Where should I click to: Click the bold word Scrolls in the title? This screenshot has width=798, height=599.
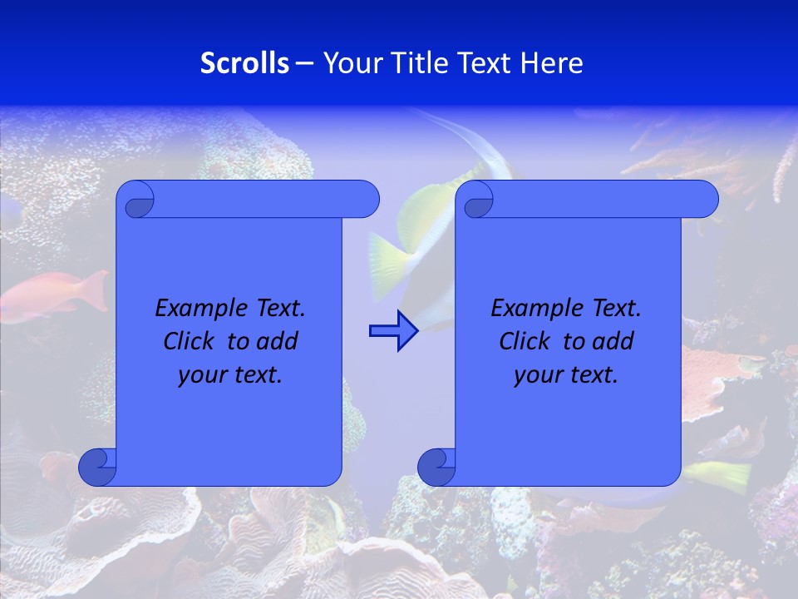(x=245, y=63)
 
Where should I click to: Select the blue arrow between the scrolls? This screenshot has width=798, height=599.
(x=393, y=331)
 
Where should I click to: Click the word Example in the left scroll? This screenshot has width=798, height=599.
(x=197, y=309)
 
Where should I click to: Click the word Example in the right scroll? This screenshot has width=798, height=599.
(x=533, y=309)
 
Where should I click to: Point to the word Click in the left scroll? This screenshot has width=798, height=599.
(x=191, y=342)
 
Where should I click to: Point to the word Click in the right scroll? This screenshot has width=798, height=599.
(x=527, y=342)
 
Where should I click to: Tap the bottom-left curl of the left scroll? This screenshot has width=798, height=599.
(x=97, y=467)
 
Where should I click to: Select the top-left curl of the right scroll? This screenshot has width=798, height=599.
(x=477, y=200)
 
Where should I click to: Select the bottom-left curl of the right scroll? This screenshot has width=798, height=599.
(x=436, y=467)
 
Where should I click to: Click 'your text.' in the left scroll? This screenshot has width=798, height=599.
(x=230, y=375)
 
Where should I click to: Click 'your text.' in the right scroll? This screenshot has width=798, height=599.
(x=566, y=375)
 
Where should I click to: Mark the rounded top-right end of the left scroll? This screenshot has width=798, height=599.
(x=364, y=199)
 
